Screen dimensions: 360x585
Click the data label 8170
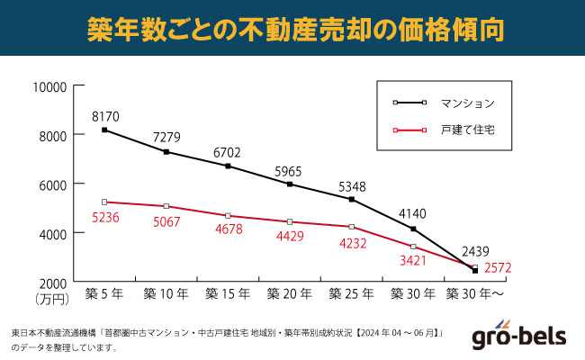pyautogui.click(x=105, y=116)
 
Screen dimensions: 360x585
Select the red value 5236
pyautogui.click(x=105, y=217)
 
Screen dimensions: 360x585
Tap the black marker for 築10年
pyautogui.click(x=166, y=152)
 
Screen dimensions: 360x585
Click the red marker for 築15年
pyautogui.click(x=229, y=216)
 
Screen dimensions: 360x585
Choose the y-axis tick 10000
pyautogui.click(x=50, y=86)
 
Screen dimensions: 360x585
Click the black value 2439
pyautogui.click(x=474, y=251)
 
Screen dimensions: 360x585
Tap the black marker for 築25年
pyautogui.click(x=352, y=199)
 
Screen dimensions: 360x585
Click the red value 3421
pyautogui.click(x=413, y=262)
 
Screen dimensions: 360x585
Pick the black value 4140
pyautogui.click(x=413, y=214)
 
